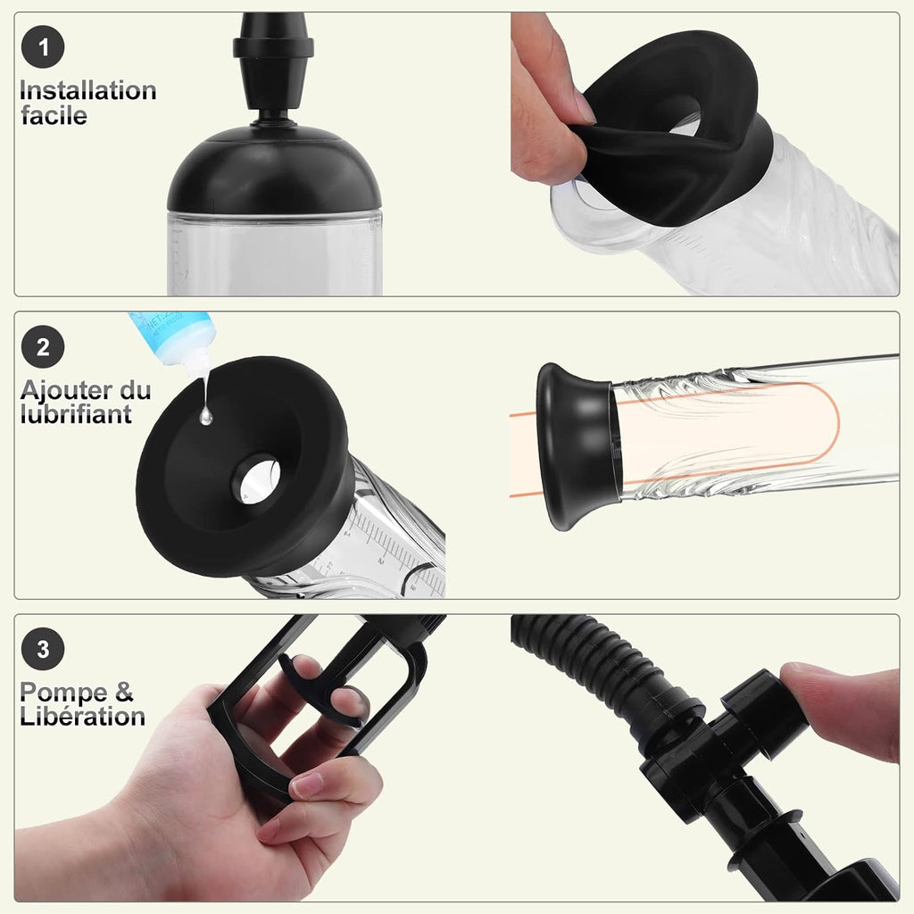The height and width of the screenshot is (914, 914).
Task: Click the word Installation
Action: click(87, 91)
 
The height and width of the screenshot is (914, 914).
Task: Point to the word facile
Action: click(54, 115)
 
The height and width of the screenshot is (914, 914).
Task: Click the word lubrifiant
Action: click(75, 414)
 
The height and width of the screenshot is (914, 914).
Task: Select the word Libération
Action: click(82, 716)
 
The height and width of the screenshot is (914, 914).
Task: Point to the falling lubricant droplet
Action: click(206, 415)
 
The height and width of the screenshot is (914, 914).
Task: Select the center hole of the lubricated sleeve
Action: click(256, 478)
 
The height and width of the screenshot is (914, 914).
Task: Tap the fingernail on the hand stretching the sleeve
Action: click(583, 107)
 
